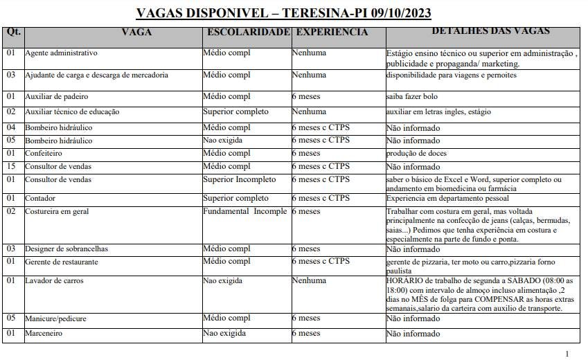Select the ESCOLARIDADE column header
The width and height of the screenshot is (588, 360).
(248, 32)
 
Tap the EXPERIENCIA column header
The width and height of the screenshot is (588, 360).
(332, 32)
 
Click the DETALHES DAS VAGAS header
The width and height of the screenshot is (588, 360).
(481, 31)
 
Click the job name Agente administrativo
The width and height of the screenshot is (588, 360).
(61, 53)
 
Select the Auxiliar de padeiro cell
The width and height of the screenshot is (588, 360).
(56, 97)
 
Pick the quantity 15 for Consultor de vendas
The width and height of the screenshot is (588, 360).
(11, 167)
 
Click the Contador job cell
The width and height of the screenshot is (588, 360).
(41, 199)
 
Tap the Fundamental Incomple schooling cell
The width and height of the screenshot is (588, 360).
(244, 211)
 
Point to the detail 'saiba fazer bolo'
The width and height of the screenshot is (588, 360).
(411, 97)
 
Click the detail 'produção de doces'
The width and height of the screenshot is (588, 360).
(416, 153)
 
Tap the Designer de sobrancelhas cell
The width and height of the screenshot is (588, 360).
(66, 249)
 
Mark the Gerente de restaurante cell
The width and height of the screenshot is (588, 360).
(61, 262)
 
